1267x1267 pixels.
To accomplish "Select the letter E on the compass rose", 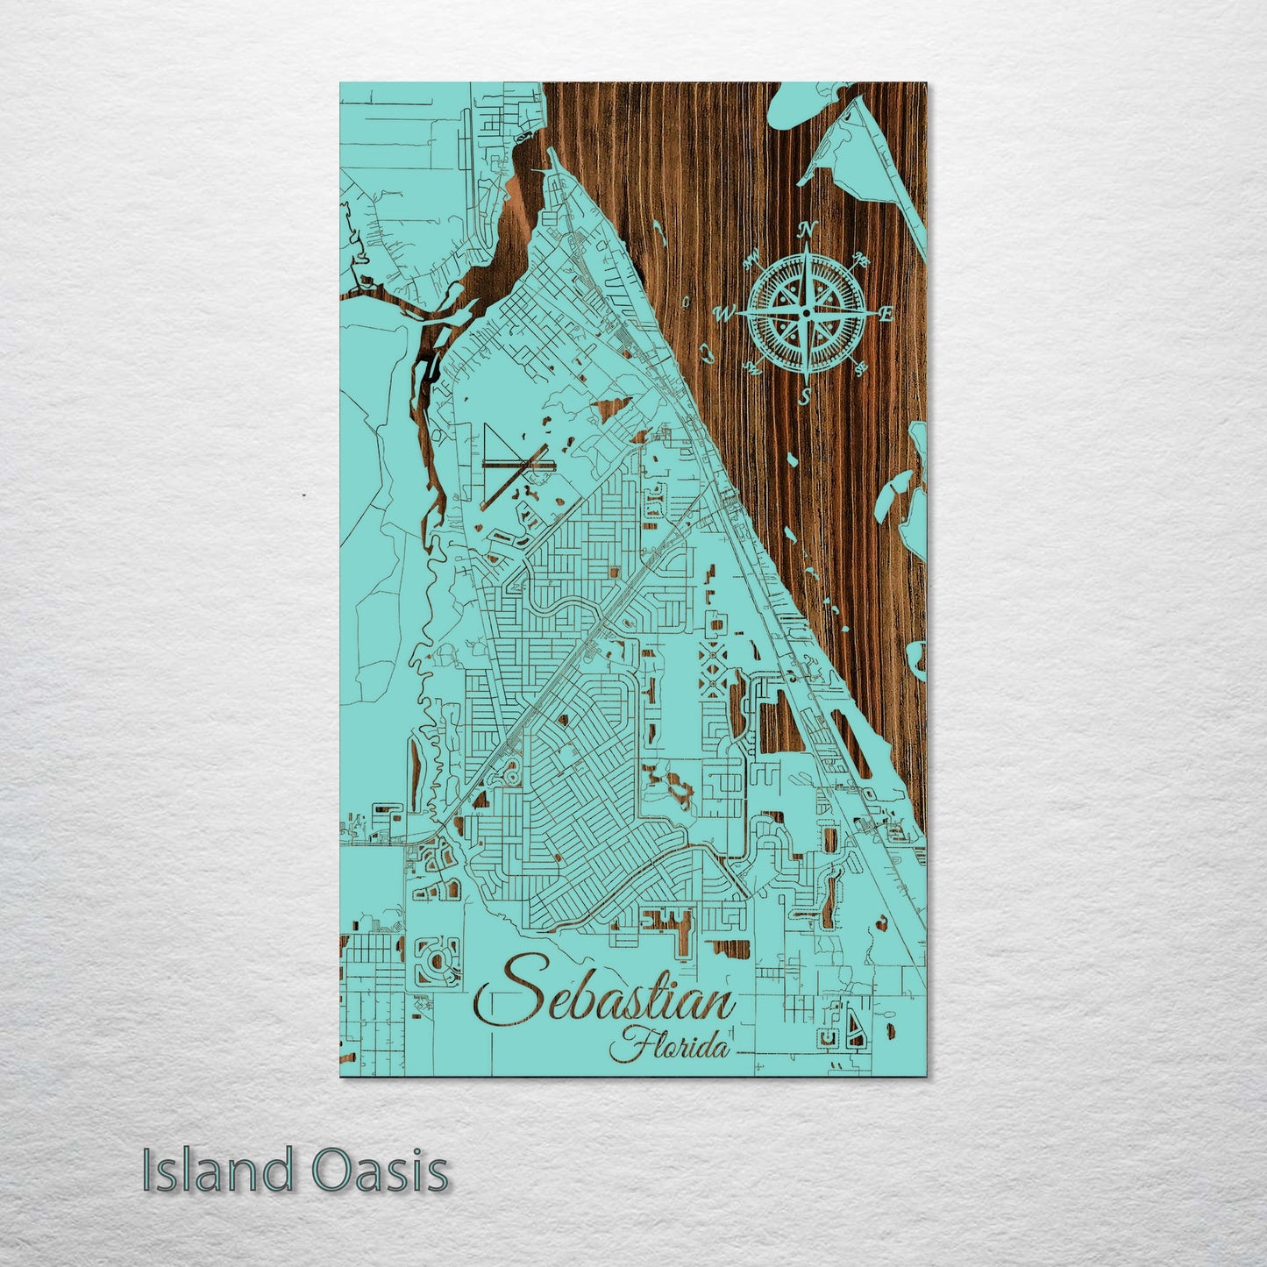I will coord(887,313).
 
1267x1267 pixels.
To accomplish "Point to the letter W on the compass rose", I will coord(726,312).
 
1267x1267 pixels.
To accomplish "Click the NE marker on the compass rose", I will coord(863,260).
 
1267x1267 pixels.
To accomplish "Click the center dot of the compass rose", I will coord(807,312).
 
